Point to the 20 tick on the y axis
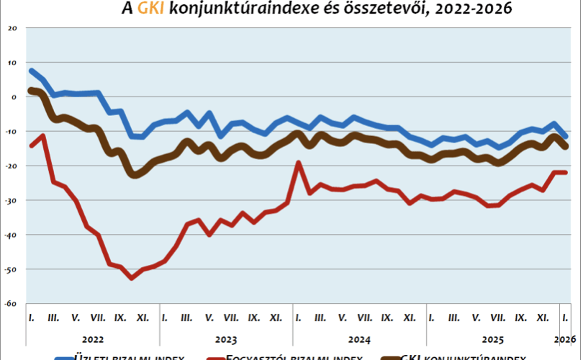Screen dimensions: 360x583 [x=11, y=28]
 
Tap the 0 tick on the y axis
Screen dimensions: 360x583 [x=13, y=96]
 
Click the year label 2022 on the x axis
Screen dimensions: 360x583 [x=93, y=338]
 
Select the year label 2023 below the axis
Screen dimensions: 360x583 [x=227, y=338]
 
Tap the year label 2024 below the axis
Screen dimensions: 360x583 [x=360, y=338]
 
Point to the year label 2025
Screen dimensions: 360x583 [x=493, y=338]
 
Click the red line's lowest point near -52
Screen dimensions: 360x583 [x=132, y=278]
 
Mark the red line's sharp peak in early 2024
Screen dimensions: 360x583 [x=298, y=163]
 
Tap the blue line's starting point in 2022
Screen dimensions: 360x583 [x=32, y=71]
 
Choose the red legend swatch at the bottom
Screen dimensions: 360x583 [x=214, y=356]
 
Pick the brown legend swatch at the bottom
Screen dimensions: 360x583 [x=387, y=356]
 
